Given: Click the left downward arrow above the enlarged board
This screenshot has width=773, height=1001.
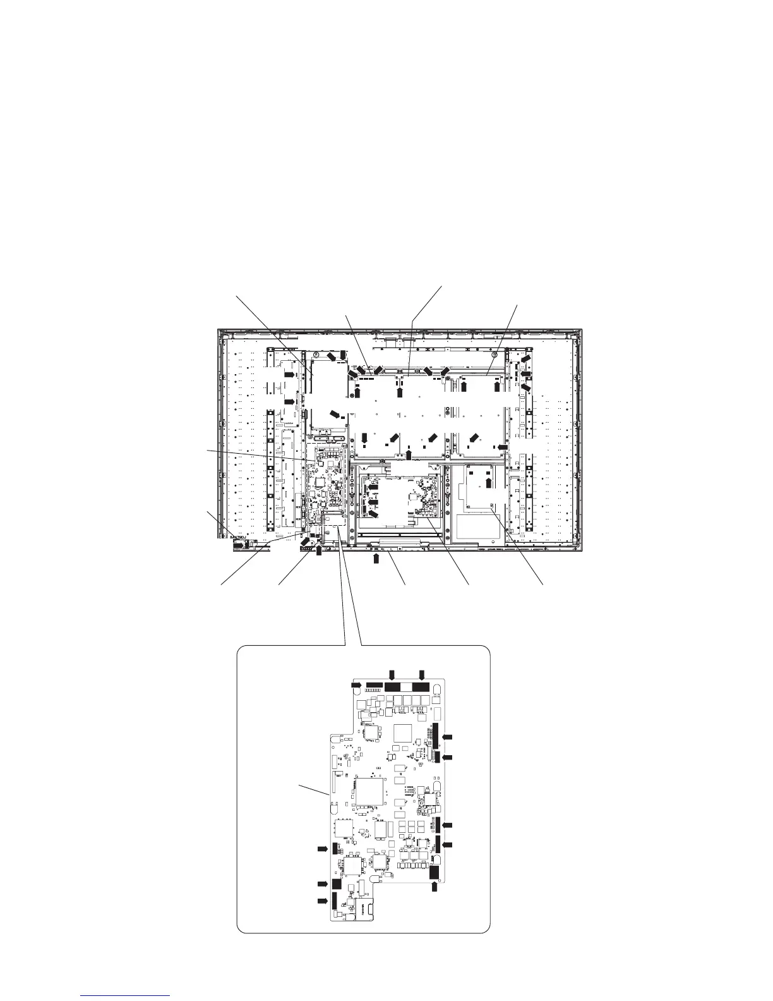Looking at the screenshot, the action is (x=392, y=674).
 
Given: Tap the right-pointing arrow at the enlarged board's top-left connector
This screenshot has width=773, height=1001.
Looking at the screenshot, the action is (x=356, y=685).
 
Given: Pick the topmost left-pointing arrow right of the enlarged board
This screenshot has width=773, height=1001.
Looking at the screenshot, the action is (x=448, y=737).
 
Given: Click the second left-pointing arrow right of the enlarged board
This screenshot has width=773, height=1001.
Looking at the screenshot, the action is (x=448, y=757).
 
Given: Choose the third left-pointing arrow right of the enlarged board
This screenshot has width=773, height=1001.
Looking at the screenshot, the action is (x=448, y=826).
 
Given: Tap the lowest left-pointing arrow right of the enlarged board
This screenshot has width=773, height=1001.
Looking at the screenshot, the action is (x=448, y=844).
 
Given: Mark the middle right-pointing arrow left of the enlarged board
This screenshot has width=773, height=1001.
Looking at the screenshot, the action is (x=323, y=883).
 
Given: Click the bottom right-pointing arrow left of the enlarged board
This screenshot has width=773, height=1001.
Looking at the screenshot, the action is (x=323, y=901).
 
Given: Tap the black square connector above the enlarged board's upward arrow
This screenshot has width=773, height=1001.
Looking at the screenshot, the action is (x=434, y=872).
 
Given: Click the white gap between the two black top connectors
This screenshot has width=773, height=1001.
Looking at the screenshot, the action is (x=407, y=687).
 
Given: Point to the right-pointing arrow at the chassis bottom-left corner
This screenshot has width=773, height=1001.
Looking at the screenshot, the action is (x=239, y=542).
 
